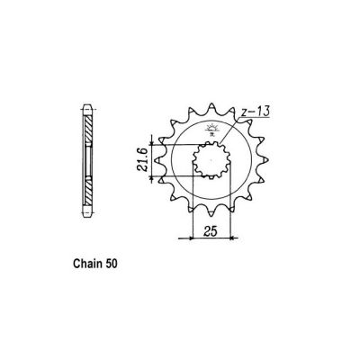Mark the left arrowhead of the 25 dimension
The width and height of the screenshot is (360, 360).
[x=181, y=240]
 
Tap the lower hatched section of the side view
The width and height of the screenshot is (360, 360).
[x=89, y=193]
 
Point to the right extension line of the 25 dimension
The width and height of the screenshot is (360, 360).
[x=236, y=216]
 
